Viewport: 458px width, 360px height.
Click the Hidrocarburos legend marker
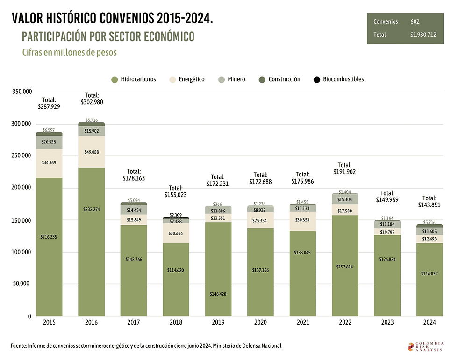[x=114, y=79]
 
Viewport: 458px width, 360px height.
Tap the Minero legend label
[x=236, y=79]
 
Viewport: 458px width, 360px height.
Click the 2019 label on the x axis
[x=218, y=322]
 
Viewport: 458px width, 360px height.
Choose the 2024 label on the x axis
[x=430, y=322]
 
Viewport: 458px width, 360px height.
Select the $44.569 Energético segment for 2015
[x=49, y=162]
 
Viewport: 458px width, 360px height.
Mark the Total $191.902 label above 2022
[x=344, y=168]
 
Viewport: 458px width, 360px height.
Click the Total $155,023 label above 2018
[x=176, y=191]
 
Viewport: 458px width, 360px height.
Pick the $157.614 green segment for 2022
[x=345, y=267]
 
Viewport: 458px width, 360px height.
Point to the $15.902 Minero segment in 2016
[x=91, y=131]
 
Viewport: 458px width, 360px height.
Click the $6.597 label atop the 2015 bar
[x=49, y=130]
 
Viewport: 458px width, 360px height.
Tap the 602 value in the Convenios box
[x=415, y=21]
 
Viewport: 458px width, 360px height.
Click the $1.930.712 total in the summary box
[x=423, y=35]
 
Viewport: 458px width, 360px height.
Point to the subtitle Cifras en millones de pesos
[x=69, y=52]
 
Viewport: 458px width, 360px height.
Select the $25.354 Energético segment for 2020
[x=260, y=220]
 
